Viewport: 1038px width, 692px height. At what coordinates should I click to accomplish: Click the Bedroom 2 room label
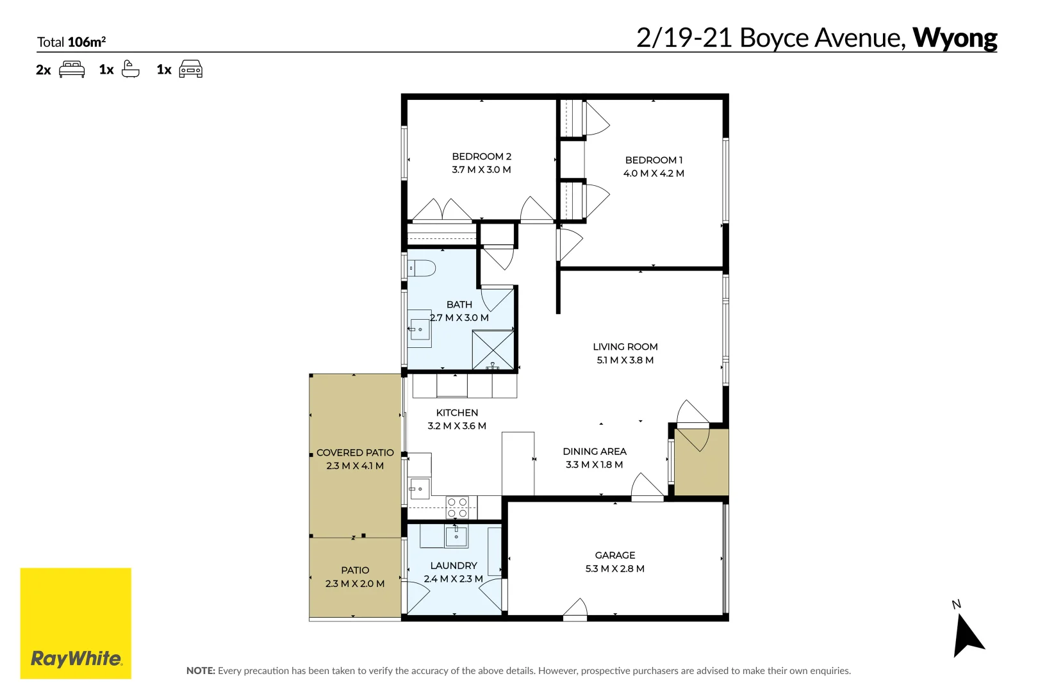[x=481, y=157]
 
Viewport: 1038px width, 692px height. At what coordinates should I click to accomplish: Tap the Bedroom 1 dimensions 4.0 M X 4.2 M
[x=654, y=174]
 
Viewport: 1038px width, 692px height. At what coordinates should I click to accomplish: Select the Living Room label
[x=625, y=347]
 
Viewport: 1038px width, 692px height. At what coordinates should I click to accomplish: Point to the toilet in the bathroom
[x=422, y=268]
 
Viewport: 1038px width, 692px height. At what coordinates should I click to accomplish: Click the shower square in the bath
[x=493, y=350]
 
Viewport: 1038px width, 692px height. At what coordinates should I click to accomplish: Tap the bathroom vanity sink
[x=420, y=329]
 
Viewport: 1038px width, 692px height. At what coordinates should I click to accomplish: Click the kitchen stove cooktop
[x=457, y=507]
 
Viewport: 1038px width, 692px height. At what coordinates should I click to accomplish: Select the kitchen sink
[x=420, y=488]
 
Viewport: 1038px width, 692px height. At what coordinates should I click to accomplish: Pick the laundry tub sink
[x=456, y=537]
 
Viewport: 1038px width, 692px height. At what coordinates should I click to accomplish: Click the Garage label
[x=615, y=556]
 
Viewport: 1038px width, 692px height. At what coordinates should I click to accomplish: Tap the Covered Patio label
[x=355, y=453]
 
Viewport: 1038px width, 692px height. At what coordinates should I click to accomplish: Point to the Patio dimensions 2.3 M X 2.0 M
[x=355, y=584]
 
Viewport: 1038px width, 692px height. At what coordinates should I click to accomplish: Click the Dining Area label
[x=595, y=452]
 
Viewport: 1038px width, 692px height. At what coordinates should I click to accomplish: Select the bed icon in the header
[x=72, y=69]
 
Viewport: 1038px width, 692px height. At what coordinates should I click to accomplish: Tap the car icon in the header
[x=191, y=69]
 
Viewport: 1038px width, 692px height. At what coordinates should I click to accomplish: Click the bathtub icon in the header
[x=130, y=69]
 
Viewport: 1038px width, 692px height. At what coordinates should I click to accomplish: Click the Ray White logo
[x=76, y=623]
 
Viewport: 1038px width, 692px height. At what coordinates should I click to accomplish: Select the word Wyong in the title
[x=955, y=38]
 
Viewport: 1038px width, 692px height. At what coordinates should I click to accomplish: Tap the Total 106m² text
[x=71, y=42]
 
